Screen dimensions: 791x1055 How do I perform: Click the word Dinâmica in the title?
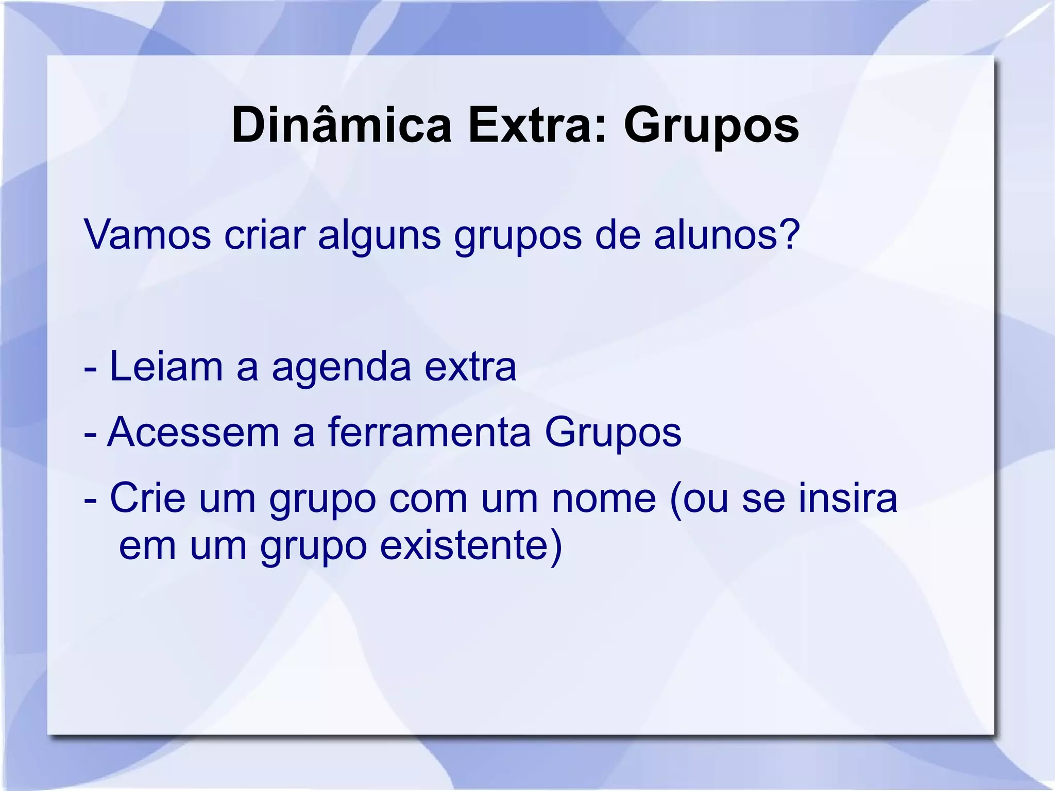pyautogui.click(x=341, y=125)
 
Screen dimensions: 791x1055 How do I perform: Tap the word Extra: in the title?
pyautogui.click(x=537, y=125)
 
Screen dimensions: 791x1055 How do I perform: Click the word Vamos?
pyautogui.click(x=148, y=235)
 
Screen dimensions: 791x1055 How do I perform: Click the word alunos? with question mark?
pyautogui.click(x=726, y=235)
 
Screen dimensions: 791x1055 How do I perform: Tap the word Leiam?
pyautogui.click(x=166, y=367)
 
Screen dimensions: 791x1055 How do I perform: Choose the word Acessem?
pyautogui.click(x=193, y=433)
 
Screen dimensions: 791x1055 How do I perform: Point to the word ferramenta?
pyautogui.click(x=429, y=433)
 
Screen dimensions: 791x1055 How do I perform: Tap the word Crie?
pyautogui.click(x=147, y=498)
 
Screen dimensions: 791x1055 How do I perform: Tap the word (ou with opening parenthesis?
pyautogui.click(x=699, y=499)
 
